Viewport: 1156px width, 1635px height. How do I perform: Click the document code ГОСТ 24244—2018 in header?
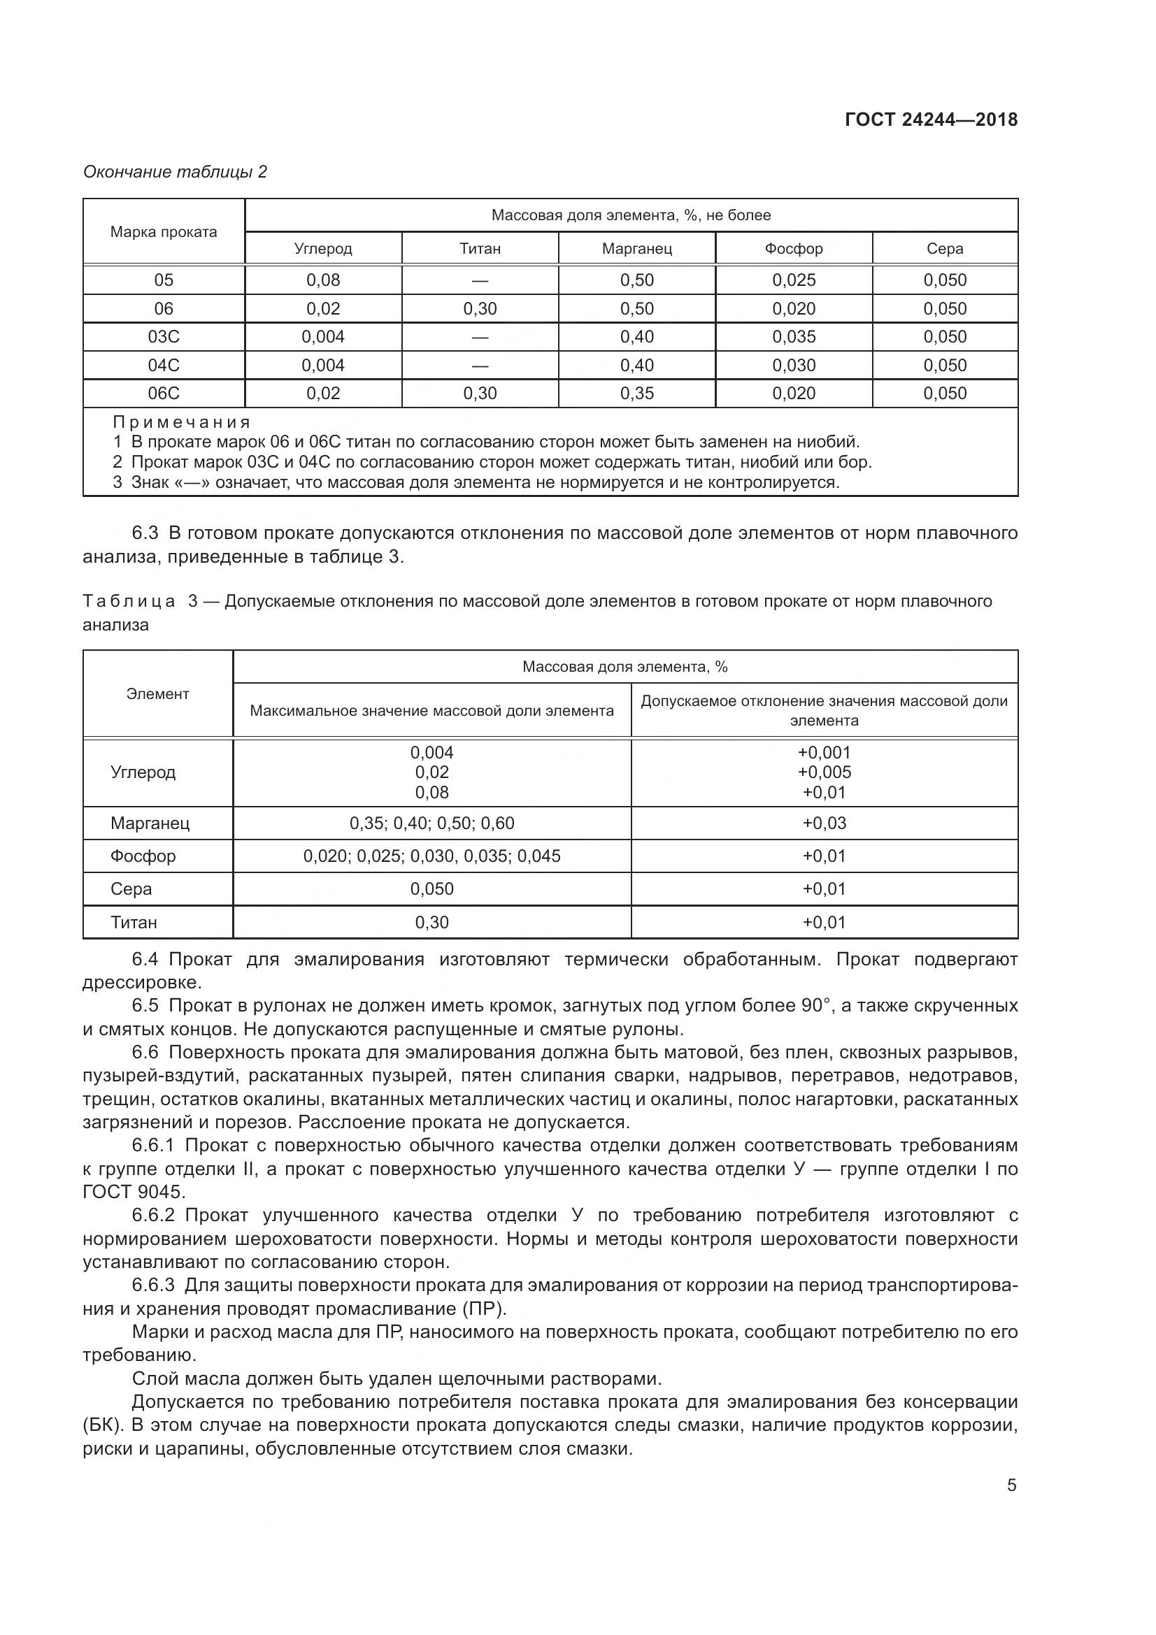coord(930,120)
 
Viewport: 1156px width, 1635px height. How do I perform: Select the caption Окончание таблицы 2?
coord(175,172)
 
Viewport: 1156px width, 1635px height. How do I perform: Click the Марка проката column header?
coord(163,231)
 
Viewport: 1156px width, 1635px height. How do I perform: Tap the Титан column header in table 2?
coord(479,249)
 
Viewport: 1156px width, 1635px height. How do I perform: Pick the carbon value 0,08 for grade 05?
coord(322,280)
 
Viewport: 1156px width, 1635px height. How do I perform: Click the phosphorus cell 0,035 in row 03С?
coord(794,336)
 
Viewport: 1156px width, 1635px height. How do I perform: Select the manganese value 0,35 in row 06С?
coord(636,393)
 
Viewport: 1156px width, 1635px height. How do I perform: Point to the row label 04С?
coord(163,366)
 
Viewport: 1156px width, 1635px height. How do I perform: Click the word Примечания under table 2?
coord(182,422)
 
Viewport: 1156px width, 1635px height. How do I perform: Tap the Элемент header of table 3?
coord(157,693)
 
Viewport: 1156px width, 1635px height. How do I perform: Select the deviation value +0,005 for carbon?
coord(824,772)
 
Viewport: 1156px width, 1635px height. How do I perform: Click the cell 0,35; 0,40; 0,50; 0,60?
coord(431,823)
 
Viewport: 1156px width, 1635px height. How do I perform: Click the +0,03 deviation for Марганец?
coord(824,823)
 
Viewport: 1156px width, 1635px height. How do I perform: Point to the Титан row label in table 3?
coord(133,922)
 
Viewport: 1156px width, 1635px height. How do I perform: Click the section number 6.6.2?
coord(153,1215)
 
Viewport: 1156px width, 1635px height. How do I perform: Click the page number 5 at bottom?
coord(1011,1485)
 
